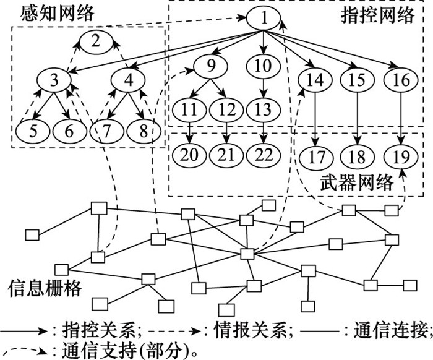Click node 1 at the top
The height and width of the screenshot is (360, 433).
pos(264,19)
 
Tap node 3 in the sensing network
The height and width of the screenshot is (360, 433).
pos(55,80)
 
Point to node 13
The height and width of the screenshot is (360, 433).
pos(264,111)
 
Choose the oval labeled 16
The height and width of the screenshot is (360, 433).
pos(397,80)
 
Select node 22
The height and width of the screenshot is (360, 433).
pos(264,153)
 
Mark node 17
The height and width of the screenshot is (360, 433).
pos(317,156)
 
